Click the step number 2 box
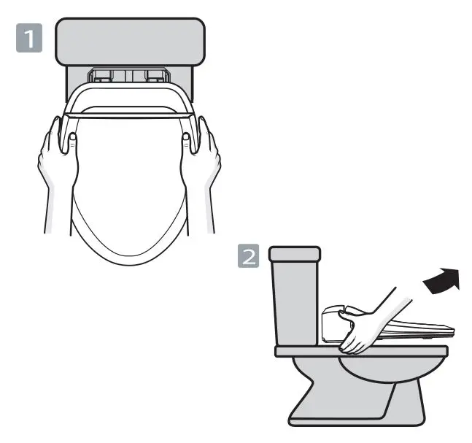coord(249,257)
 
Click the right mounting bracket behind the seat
coord(155,75)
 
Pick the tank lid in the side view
coord(295,255)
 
